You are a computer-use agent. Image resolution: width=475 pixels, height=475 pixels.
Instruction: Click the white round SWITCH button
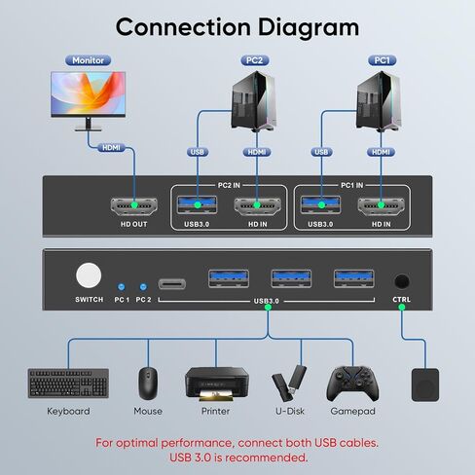pos(89,275)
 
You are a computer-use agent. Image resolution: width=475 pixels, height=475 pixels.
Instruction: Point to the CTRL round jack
pos(401,279)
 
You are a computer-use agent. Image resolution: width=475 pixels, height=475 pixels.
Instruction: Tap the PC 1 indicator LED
pos(121,287)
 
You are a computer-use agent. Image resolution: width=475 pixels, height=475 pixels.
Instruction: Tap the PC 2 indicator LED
pos(144,287)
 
